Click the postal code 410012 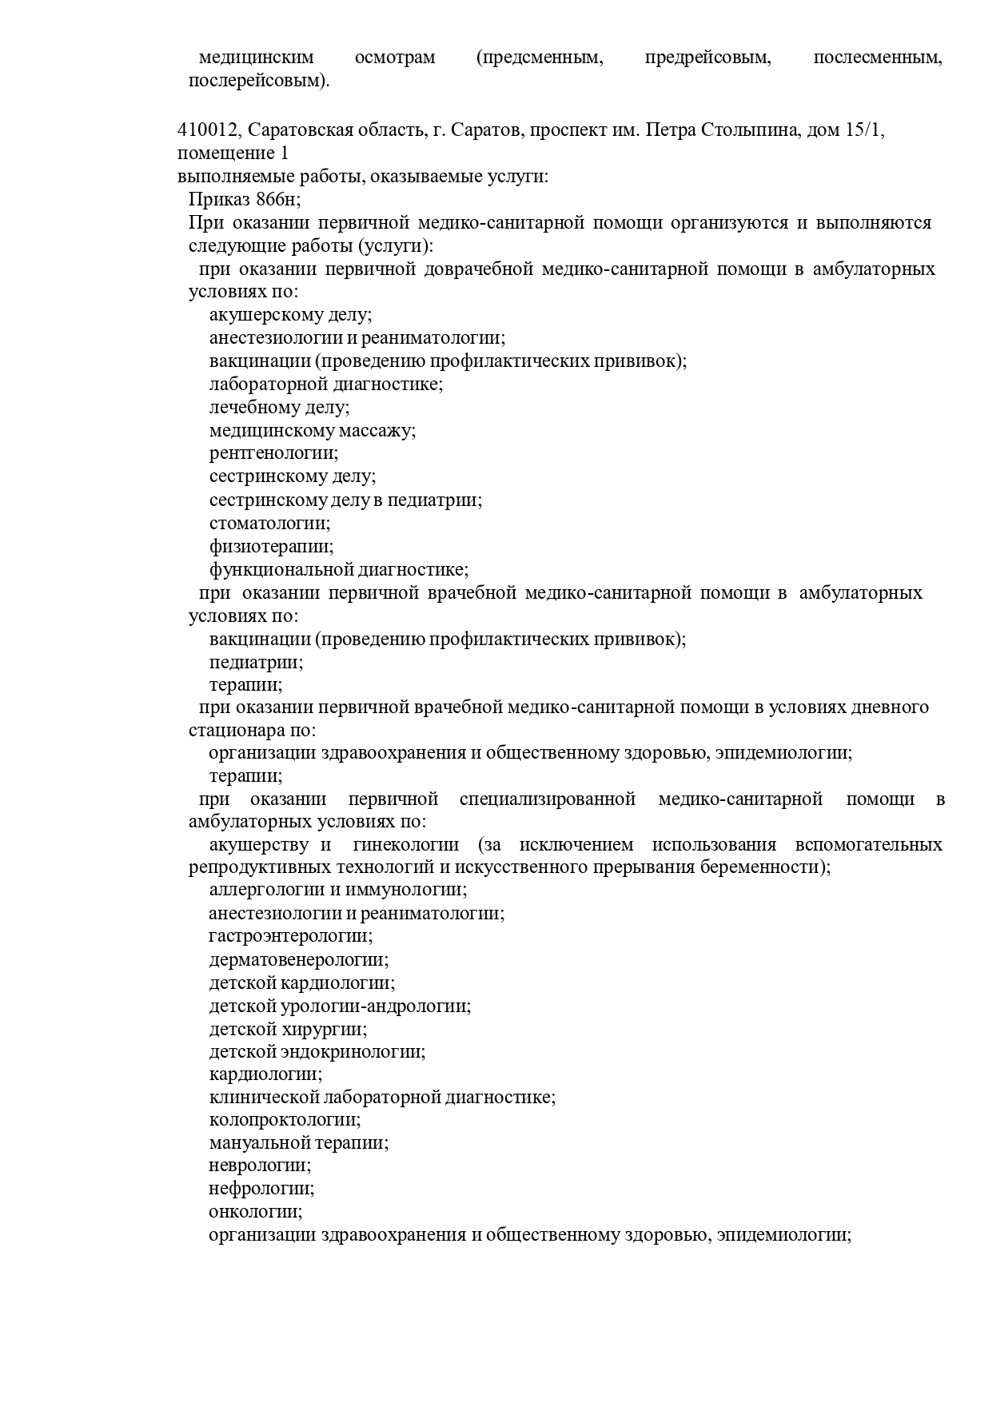pos(207,130)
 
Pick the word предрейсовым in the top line pos(707,58)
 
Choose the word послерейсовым pos(257,81)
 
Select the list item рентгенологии pos(273,454)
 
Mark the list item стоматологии pos(269,524)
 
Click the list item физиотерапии pos(271,547)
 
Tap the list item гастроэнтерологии pos(290,936)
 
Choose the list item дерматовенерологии pos(299,960)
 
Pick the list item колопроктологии pos(285,1121)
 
